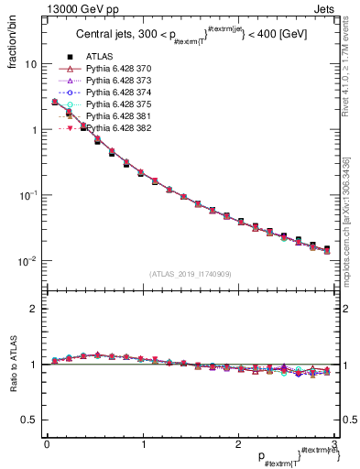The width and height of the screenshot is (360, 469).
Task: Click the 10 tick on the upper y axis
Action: tap(30, 65)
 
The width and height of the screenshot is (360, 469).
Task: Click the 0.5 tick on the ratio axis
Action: tap(29, 420)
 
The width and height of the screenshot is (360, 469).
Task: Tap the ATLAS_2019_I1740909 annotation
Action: tap(190, 274)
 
